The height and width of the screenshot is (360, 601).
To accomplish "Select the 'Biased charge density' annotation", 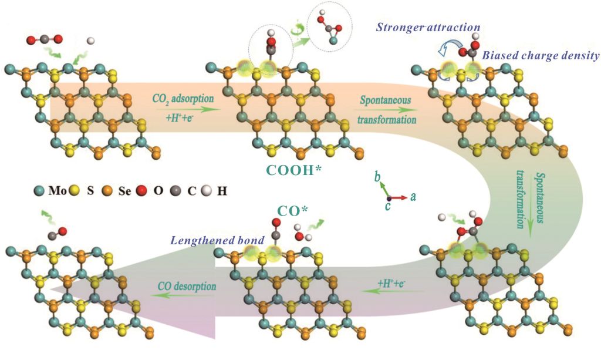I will [541, 56].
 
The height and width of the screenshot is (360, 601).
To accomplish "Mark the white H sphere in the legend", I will [205, 191].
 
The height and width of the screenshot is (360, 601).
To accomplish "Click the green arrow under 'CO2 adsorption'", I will [182, 109].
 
